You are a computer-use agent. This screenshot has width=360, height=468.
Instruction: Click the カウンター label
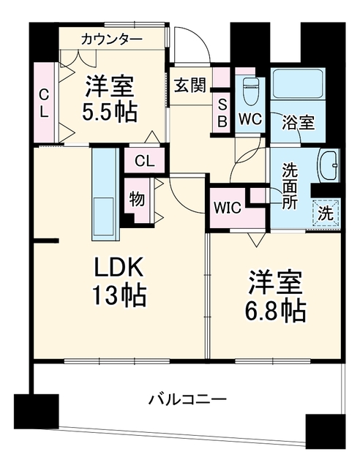[x=111, y=39]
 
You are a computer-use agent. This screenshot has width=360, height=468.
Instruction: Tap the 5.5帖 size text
[x=109, y=112]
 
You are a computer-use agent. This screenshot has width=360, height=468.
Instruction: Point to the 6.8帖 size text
[x=275, y=311]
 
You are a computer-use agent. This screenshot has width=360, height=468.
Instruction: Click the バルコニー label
[x=187, y=399]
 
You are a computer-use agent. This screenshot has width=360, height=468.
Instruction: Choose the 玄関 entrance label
[x=190, y=85]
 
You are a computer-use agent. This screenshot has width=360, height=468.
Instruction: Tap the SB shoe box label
[x=222, y=113]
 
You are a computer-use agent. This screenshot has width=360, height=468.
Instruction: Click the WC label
[x=250, y=118]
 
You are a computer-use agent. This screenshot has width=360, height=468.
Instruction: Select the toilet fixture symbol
[x=250, y=91]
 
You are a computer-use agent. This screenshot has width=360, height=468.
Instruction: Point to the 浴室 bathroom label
[x=298, y=123]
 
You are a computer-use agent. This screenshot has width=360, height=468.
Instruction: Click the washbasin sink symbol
[x=329, y=165]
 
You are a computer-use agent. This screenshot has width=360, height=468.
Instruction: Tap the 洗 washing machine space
[x=326, y=213]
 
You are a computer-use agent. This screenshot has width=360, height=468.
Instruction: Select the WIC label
[x=228, y=207]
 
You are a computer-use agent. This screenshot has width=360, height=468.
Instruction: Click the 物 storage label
[x=137, y=199]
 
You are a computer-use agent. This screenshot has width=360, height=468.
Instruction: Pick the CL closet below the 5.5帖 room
[x=145, y=161]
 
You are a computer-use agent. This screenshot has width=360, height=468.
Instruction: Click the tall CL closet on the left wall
[x=44, y=102]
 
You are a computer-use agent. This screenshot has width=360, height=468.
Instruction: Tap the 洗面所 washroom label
[x=290, y=186]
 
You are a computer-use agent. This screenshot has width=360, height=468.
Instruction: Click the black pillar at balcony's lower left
[x=37, y=411]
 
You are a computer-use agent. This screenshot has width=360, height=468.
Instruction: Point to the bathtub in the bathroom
[x=298, y=83]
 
